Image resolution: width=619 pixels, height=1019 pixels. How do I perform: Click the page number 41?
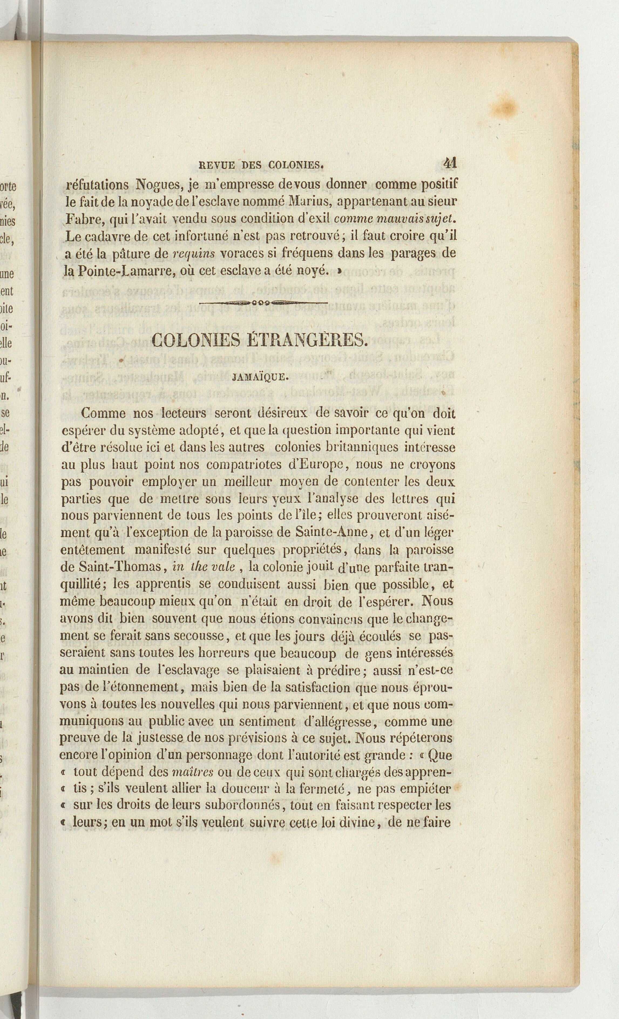(450, 163)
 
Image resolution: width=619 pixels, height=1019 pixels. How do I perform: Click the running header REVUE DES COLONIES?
(261, 166)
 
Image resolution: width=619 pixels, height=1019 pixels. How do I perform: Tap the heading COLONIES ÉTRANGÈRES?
(259, 340)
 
